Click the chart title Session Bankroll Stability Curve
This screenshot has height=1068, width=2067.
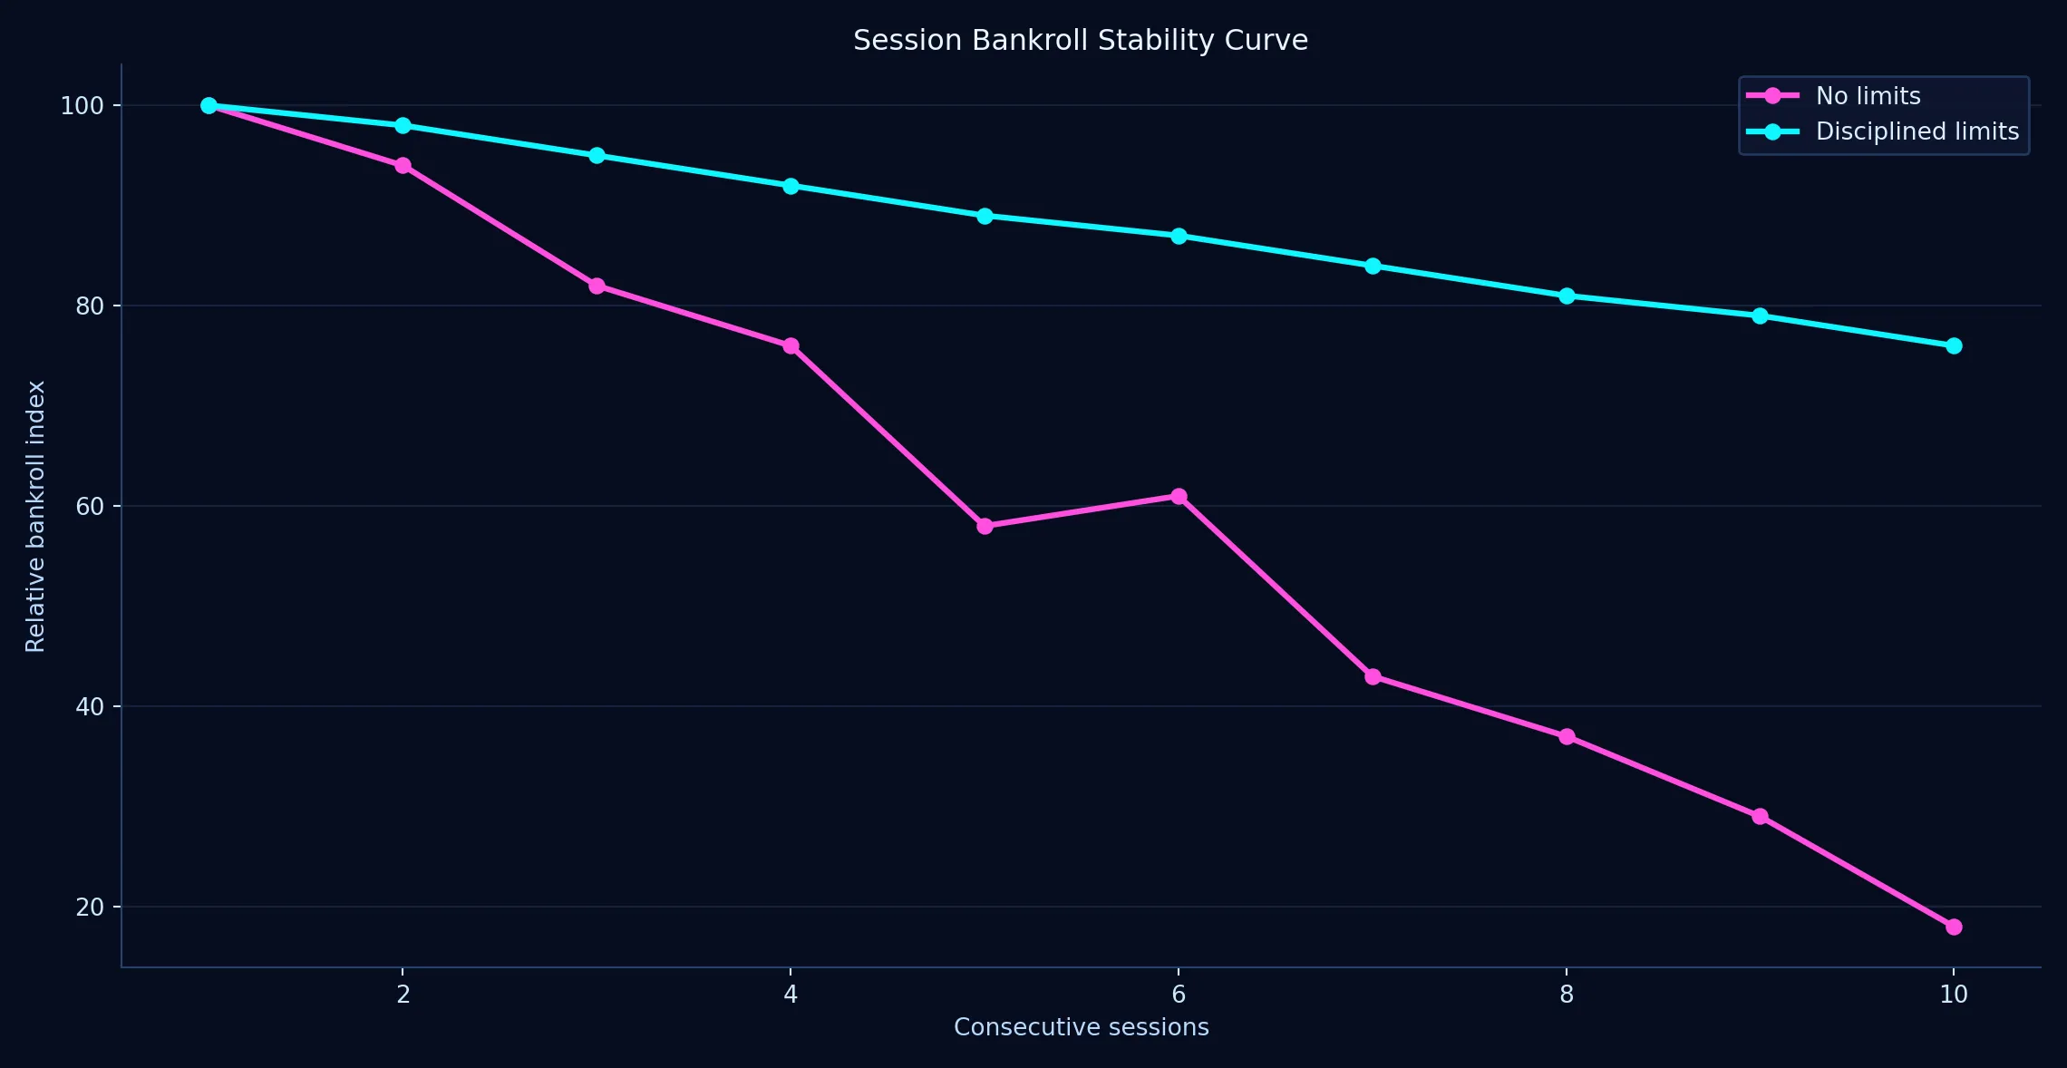(x=1080, y=41)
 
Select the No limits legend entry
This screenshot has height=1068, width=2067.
(x=1868, y=96)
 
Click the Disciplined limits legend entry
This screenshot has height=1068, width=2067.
(x=1917, y=131)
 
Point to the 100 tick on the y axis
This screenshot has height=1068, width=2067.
(x=82, y=106)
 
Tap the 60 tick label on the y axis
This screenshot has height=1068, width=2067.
(x=90, y=507)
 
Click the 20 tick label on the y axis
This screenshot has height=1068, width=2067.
(x=90, y=908)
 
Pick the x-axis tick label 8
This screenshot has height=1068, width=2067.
(x=1567, y=995)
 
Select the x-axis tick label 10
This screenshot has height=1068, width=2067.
(x=1954, y=995)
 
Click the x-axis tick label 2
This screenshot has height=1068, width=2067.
(x=403, y=995)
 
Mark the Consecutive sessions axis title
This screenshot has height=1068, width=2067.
(x=1081, y=1027)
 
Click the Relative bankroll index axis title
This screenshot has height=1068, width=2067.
(x=35, y=516)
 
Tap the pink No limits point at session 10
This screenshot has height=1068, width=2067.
(x=1954, y=927)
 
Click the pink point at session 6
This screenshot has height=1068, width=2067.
(x=1179, y=496)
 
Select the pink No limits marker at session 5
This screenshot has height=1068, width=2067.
(x=985, y=526)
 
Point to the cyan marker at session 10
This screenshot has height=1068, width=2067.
(x=1954, y=345)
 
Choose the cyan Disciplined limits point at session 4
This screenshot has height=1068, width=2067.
(x=791, y=186)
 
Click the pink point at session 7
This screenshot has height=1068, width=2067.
(x=1373, y=676)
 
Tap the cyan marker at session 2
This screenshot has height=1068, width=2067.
(x=403, y=125)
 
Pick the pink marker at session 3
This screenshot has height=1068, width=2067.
(x=597, y=286)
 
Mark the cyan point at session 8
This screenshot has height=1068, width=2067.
(x=1567, y=296)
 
